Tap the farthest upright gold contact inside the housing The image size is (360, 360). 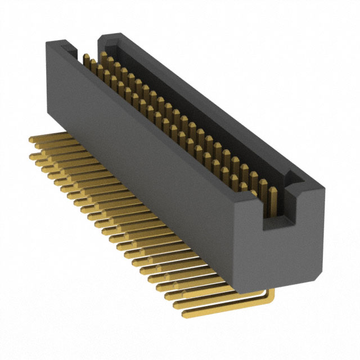pos(86,59)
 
